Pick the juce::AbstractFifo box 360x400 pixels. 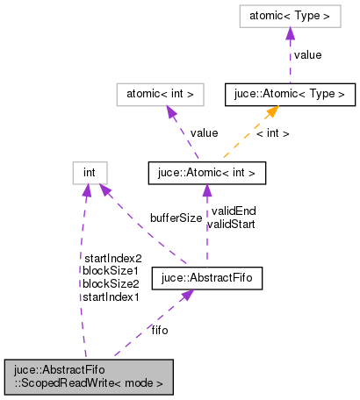click(x=207, y=280)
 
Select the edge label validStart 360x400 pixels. click(x=230, y=225)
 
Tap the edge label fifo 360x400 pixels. click(x=160, y=330)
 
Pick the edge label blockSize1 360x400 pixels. click(x=110, y=271)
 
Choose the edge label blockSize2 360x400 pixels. click(x=110, y=284)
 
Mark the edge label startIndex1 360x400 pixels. click(x=111, y=297)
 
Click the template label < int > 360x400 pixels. click(x=273, y=133)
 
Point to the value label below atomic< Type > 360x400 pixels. click(x=307, y=54)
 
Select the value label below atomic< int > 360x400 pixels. click(x=204, y=132)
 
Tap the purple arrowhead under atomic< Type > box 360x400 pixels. click(x=289, y=32)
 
